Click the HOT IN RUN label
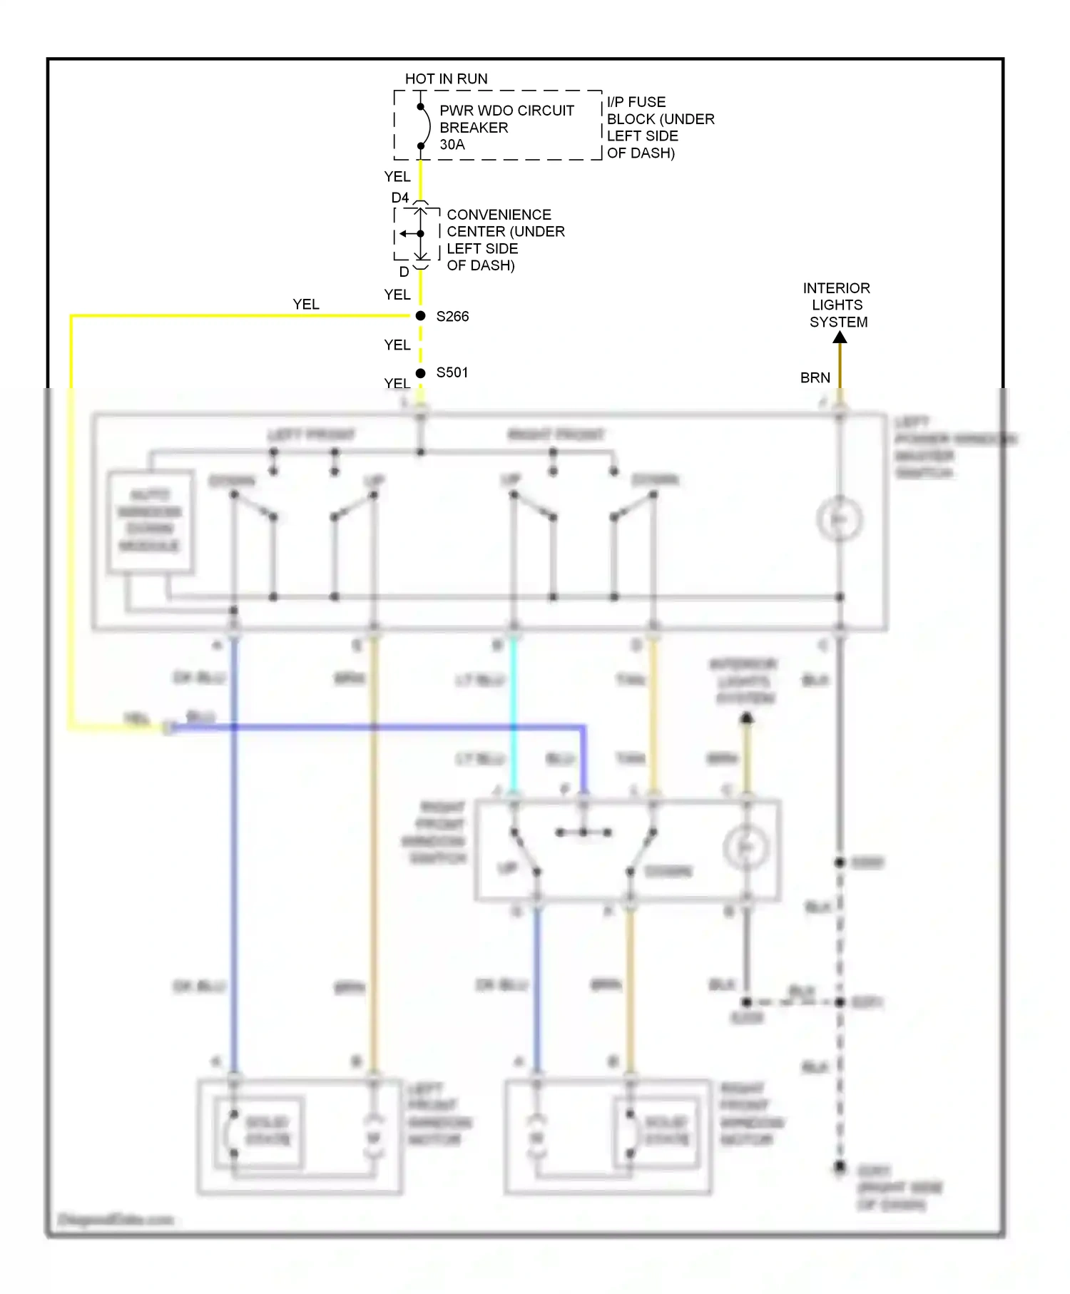click(446, 78)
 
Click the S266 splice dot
click(420, 316)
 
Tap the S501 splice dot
click(420, 373)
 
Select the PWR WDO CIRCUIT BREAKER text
click(506, 119)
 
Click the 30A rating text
click(452, 145)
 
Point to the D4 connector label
click(399, 198)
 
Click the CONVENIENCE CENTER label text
click(505, 223)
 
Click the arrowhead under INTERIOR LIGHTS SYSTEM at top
click(840, 337)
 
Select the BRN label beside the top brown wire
click(815, 378)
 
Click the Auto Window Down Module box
click(150, 521)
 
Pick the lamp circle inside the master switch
click(840, 519)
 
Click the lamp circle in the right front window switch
click(745, 847)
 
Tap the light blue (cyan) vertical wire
click(513, 713)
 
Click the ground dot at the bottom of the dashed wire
click(840, 1167)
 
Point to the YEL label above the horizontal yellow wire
click(306, 304)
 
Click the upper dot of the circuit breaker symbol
click(420, 107)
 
